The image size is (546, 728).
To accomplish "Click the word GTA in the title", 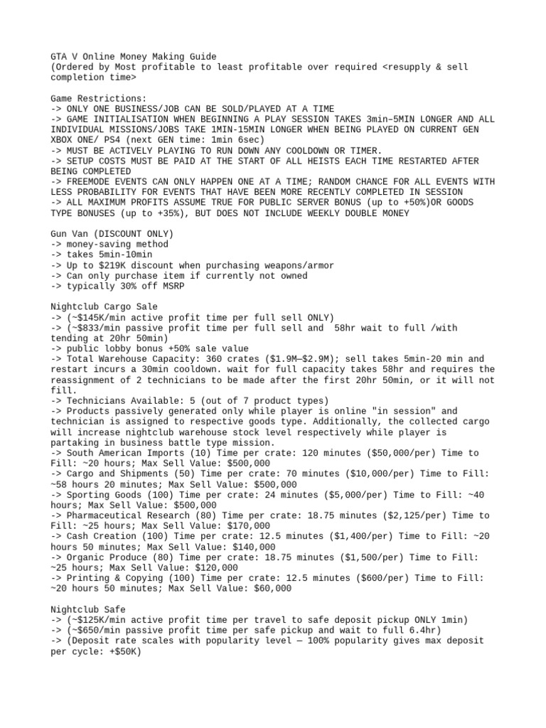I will tap(59, 56).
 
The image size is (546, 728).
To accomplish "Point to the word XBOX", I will tap(62, 140).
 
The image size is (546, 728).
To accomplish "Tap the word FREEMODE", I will tap(87, 181).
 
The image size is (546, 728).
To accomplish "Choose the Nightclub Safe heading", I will tap(87, 609).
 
